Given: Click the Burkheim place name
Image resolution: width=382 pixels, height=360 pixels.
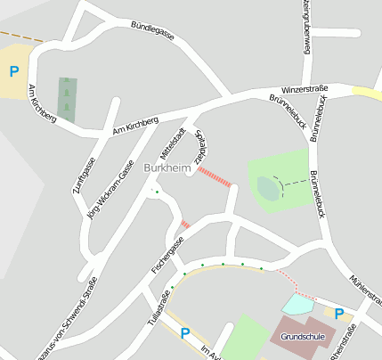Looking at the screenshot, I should click(167, 168).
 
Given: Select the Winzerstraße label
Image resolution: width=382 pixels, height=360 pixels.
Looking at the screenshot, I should click(305, 89).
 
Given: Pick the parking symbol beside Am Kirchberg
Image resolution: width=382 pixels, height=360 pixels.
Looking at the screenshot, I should click(13, 72).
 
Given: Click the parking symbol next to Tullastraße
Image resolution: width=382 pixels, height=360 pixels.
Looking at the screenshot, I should click(185, 334).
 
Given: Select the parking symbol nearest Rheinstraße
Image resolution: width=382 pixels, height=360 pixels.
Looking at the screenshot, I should click(339, 313).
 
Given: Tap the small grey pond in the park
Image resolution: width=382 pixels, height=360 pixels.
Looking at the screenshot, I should click(268, 188).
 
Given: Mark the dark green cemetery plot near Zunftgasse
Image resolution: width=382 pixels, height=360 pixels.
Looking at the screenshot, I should click(67, 99).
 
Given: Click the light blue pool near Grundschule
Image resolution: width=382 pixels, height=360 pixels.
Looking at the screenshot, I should click(297, 305).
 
